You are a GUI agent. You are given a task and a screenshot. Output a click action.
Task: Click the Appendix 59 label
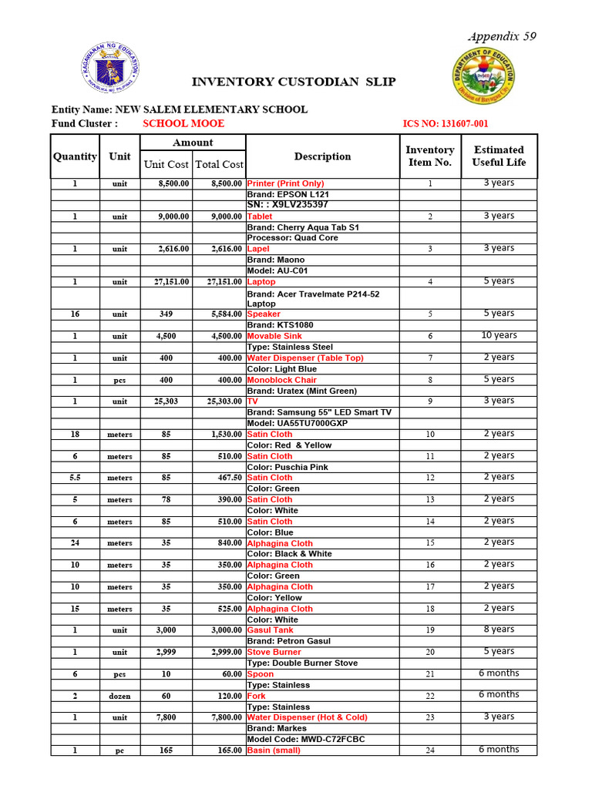tap(501, 37)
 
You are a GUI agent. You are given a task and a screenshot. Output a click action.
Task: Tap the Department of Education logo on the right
tap(483, 78)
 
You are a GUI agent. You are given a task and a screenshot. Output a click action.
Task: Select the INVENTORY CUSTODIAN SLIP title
tap(294, 82)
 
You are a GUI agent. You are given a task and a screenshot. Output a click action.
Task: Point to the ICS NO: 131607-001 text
tap(446, 124)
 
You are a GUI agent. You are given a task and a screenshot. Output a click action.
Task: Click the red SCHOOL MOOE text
tap(183, 123)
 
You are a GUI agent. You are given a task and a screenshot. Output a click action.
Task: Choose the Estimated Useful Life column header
tap(499, 156)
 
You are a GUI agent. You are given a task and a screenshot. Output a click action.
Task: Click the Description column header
tap(322, 156)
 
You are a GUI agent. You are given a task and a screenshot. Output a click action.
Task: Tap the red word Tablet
tap(260, 217)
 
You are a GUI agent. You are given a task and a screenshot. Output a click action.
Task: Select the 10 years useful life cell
tap(499, 335)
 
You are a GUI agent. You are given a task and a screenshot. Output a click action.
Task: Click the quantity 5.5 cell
tap(75, 478)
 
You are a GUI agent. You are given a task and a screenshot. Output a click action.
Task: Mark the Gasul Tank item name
tap(270, 630)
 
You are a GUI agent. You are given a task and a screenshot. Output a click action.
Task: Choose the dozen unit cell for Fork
tap(119, 696)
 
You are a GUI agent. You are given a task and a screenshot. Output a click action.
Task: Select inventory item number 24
tap(430, 750)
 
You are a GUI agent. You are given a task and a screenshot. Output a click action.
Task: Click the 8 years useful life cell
tap(499, 630)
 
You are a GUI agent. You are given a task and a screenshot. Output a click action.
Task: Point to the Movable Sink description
tap(274, 336)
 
